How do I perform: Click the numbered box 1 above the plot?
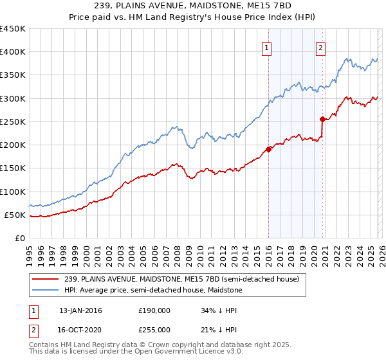coord(266,46)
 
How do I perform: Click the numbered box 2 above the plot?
coord(320,46)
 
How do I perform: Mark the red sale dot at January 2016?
coord(268,149)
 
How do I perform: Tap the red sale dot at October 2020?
coord(322,119)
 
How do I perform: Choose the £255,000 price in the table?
coord(154,329)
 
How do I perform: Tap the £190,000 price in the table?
coord(154,310)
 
